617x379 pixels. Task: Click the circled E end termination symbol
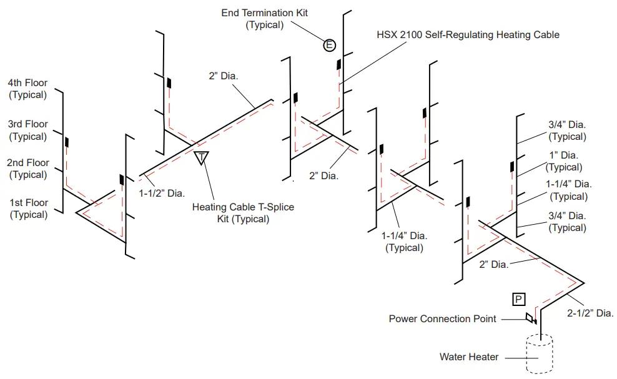(x=329, y=45)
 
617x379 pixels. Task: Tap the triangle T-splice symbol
(x=202, y=157)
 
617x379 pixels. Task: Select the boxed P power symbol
(x=518, y=300)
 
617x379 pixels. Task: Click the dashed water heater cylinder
(x=540, y=353)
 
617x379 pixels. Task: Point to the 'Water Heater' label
(x=468, y=357)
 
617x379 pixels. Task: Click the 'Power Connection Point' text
(x=442, y=319)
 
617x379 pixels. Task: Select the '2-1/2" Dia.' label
(x=590, y=313)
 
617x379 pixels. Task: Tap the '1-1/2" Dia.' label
(x=162, y=193)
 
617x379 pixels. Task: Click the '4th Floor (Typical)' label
(x=27, y=89)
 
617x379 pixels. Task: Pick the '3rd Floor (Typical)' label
(x=28, y=130)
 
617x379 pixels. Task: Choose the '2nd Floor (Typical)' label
(x=28, y=169)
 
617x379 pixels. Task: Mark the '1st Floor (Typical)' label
(x=28, y=209)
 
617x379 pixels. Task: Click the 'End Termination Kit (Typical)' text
(x=264, y=19)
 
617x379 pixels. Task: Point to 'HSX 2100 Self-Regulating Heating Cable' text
(x=468, y=34)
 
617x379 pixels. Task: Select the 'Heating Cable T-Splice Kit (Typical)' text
(x=243, y=212)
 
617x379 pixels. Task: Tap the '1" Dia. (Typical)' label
(x=564, y=161)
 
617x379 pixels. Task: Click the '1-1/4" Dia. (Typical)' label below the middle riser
(x=404, y=242)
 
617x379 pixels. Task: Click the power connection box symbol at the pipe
(x=530, y=317)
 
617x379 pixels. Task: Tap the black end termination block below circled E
(x=338, y=64)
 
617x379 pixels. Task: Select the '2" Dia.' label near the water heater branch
(x=494, y=265)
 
